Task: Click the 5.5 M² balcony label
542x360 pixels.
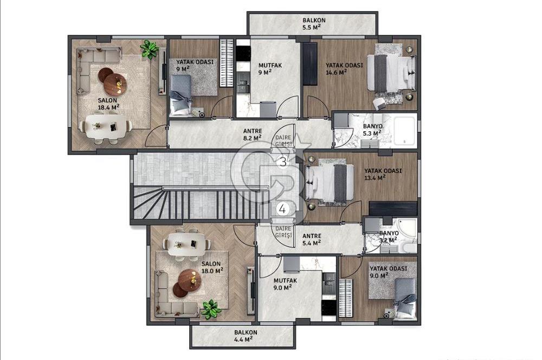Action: pos(314,23)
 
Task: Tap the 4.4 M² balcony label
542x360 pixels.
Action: pos(246,336)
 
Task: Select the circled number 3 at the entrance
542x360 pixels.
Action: pos(283,162)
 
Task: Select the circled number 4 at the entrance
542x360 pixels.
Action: pos(283,209)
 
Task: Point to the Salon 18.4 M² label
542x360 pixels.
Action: pos(108,104)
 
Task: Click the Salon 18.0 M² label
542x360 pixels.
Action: pos(212,267)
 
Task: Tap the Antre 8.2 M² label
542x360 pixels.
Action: pos(253,134)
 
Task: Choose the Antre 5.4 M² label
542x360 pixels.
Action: pos(312,239)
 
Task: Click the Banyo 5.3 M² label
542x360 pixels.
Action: pos(372,130)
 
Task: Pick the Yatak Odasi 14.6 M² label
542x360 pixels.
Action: pos(344,68)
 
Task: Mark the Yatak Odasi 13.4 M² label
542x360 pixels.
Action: pos(383,174)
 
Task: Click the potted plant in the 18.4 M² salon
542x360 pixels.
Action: pos(150,49)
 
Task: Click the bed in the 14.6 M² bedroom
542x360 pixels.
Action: pos(391,74)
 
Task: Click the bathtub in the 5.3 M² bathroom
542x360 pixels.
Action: pos(404,131)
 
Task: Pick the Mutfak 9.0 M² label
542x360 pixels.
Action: pos(285,284)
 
